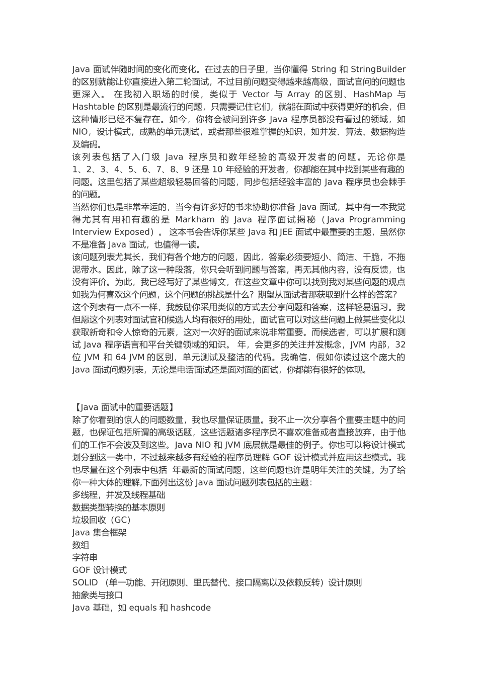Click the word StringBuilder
tap(378, 69)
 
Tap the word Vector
tap(256, 94)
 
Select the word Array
tap(298, 94)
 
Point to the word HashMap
tap(372, 94)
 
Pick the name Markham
tap(195, 219)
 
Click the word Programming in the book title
tap(377, 219)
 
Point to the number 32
tap(400, 345)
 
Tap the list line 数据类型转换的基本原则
tap(119, 507)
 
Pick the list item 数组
tap(81, 545)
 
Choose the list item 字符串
tap(85, 557)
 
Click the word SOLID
tap(85, 582)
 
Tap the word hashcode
tap(191, 608)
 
